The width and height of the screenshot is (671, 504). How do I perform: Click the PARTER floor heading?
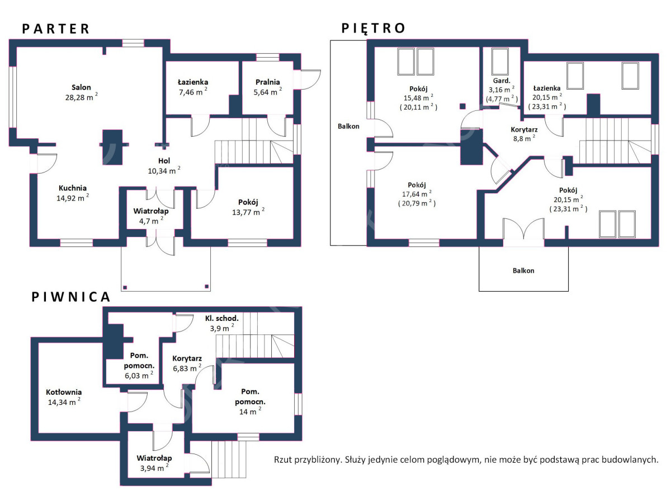(55, 29)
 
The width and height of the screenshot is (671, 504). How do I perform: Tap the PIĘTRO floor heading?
(373, 28)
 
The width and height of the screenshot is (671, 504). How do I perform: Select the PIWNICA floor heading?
(70, 297)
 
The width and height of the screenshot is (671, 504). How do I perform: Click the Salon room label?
(81, 87)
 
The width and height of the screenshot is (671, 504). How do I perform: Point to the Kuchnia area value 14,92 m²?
(73, 198)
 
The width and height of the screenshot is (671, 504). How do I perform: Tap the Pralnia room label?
(268, 82)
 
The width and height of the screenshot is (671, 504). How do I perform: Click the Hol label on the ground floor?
(164, 161)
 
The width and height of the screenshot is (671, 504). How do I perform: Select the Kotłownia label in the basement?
(64, 392)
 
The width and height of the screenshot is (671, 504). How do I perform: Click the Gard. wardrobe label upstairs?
(502, 81)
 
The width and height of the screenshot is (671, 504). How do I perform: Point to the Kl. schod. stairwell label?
(221, 318)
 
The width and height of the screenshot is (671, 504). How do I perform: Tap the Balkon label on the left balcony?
(348, 126)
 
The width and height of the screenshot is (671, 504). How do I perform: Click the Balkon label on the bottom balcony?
(523, 270)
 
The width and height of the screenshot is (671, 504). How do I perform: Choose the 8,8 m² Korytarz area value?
(524, 138)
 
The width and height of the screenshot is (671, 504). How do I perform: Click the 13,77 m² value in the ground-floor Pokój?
(248, 212)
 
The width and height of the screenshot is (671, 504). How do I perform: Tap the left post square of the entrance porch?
(125, 287)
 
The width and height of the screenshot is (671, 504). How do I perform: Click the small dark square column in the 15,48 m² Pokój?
(463, 106)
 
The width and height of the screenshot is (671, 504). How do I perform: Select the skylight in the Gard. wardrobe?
(500, 62)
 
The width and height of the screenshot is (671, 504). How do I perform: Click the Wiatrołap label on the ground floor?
(151, 211)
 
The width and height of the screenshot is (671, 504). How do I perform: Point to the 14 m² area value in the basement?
(250, 411)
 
